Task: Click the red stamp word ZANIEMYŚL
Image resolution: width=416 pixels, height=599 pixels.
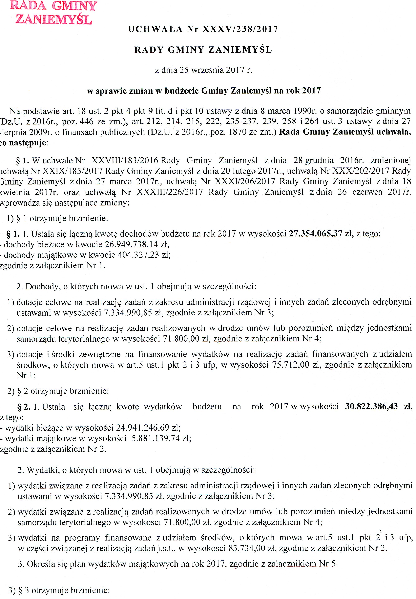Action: (53, 19)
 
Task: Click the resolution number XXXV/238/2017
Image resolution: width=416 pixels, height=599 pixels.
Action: (240, 29)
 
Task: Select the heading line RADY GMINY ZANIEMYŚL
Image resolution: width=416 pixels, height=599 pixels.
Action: (203, 50)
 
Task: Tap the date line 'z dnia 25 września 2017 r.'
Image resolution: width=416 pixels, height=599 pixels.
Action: (204, 70)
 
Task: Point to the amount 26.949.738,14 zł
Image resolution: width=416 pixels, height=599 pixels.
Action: (137, 244)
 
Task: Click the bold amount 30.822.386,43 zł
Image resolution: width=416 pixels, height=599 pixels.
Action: (378, 406)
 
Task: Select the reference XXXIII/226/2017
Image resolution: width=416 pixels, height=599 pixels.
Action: (170, 192)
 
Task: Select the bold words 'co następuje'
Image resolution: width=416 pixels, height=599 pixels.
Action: (23, 143)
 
